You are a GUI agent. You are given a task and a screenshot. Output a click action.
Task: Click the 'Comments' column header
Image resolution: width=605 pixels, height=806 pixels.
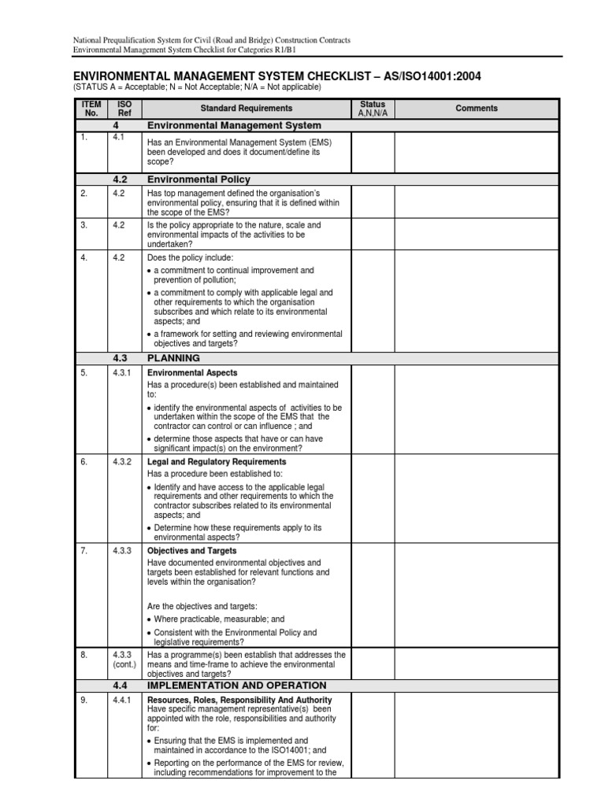tap(477, 109)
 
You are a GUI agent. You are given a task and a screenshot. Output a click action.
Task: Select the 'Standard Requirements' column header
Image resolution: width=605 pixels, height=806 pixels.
tap(246, 109)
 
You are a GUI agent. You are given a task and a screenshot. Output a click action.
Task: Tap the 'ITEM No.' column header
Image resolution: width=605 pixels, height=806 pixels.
tap(91, 109)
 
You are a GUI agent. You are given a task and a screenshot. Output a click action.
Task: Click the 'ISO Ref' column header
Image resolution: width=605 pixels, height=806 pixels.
tap(124, 109)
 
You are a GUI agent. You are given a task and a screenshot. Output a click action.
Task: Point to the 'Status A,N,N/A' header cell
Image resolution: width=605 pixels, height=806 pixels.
tap(373, 109)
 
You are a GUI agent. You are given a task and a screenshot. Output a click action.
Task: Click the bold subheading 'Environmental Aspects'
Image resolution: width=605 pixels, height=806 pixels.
tap(192, 372)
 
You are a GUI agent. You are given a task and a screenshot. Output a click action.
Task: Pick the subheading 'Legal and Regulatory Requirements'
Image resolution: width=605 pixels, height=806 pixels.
tap(217, 462)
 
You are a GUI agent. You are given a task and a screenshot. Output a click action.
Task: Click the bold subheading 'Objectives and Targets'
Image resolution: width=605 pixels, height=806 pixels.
tap(191, 551)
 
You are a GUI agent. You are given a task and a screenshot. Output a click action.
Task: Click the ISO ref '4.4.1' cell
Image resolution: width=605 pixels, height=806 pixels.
tap(124, 700)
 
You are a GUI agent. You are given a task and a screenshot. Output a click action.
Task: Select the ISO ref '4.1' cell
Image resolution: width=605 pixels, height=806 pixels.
tap(118, 137)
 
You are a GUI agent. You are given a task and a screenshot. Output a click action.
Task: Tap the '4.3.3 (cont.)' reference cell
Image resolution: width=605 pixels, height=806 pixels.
tap(124, 659)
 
